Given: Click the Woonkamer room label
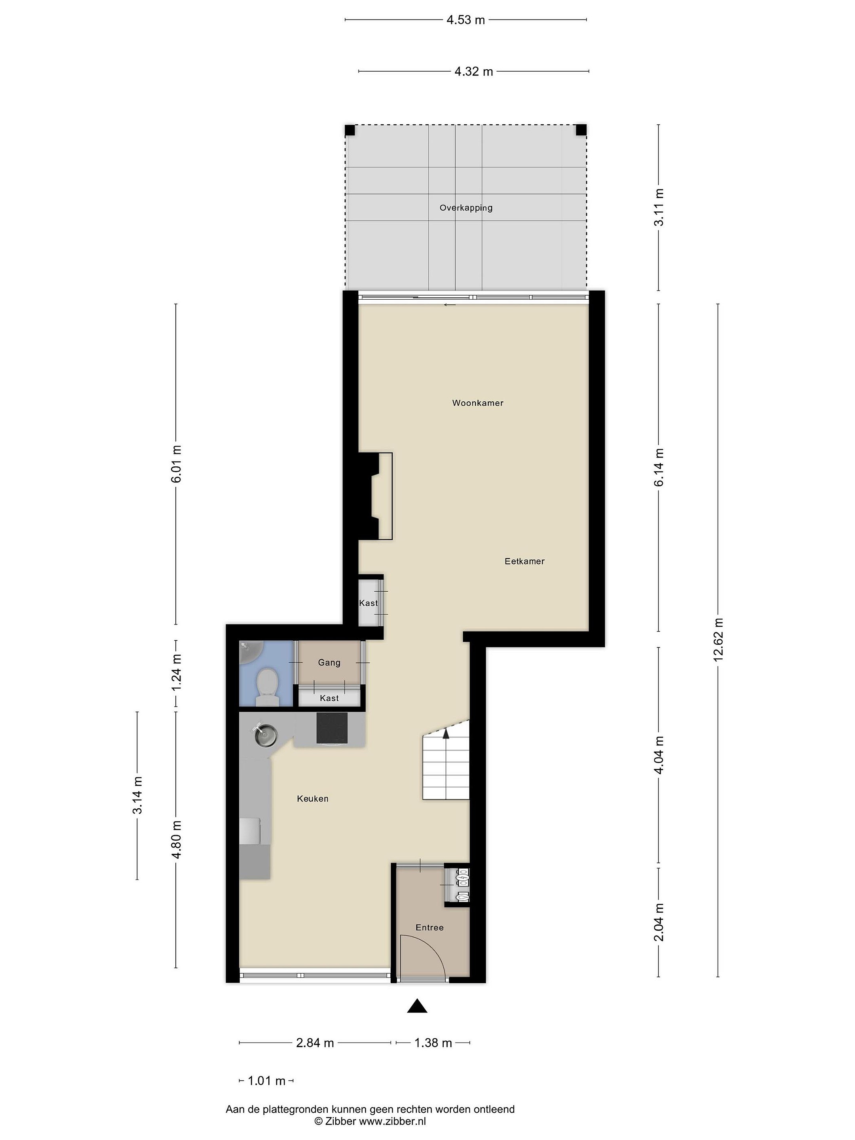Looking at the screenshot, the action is [x=477, y=403].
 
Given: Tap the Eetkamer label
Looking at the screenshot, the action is [x=524, y=561].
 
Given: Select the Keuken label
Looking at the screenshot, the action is [x=312, y=798].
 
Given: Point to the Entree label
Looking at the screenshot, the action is [x=429, y=927].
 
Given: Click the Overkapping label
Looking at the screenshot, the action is [x=466, y=208].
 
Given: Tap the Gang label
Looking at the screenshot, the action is [x=329, y=663].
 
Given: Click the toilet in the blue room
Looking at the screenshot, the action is [x=267, y=686].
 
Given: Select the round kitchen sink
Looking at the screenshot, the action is [x=266, y=734].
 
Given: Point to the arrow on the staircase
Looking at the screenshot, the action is [x=446, y=732].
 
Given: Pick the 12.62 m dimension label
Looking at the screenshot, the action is [x=718, y=639].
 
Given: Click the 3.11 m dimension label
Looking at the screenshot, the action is [x=659, y=207].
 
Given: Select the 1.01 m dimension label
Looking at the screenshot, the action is [x=266, y=1081].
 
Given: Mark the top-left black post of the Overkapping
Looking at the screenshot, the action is [x=350, y=130].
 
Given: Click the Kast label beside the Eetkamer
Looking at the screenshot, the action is [x=368, y=603].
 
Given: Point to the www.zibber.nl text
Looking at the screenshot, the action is [x=393, y=1121].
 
